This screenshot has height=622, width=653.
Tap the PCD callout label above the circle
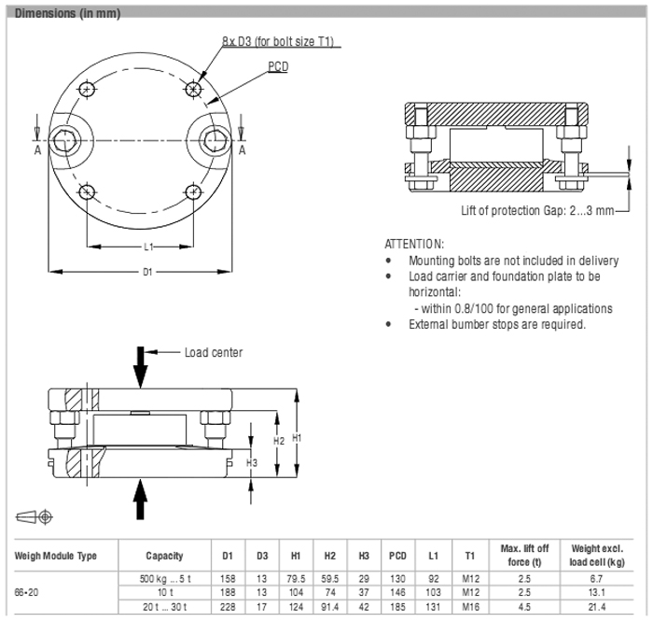tap(278, 67)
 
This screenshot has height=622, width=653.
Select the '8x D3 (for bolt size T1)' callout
tap(278, 41)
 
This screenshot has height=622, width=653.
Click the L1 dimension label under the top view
tap(148, 247)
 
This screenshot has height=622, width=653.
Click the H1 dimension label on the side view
tap(297, 436)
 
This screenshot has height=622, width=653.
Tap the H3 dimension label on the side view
tap(251, 462)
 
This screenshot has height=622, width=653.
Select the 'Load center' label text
tap(213, 352)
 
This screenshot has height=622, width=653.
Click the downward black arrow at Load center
tap(140, 366)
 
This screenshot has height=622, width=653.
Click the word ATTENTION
tap(414, 243)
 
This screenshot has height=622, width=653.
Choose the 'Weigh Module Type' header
tap(56, 556)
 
